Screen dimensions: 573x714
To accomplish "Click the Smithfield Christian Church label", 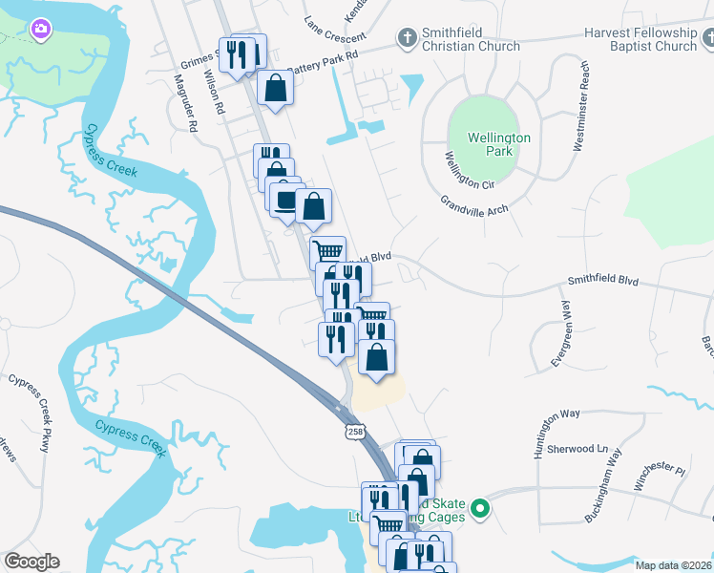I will pyautogui.click(x=471, y=39).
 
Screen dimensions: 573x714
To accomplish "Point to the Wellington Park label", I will pyautogui.click(x=498, y=144).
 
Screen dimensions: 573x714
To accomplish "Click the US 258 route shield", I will pyautogui.click(x=356, y=433).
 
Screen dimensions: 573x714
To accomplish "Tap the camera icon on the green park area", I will pyautogui.click(x=39, y=30).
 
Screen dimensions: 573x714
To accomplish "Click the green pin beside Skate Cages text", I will pyautogui.click(x=481, y=510).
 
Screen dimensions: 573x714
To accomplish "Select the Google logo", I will pyautogui.click(x=31, y=562).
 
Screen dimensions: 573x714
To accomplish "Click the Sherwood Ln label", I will pyautogui.click(x=577, y=448).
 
